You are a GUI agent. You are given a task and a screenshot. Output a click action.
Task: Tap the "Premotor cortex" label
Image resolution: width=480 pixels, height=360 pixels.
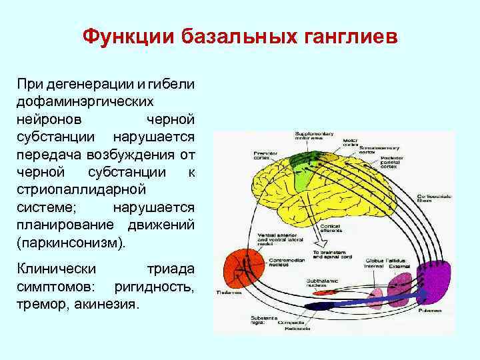pos(265,156)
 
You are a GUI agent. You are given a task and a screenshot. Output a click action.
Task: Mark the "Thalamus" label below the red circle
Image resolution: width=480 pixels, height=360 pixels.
pos(227,293)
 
